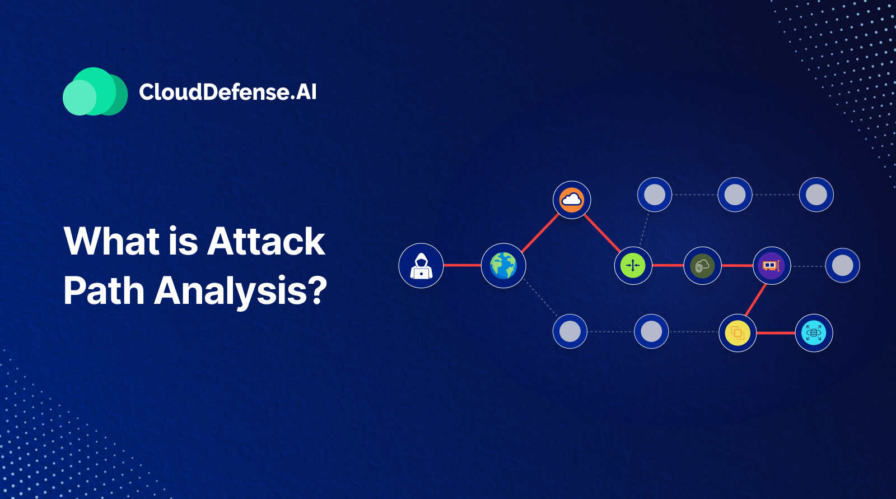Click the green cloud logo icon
click(95, 91)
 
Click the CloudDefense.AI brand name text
click(227, 92)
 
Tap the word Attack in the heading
click(265, 241)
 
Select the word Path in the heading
click(104, 290)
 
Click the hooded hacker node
click(421, 266)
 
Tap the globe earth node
click(503, 266)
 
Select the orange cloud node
click(572, 200)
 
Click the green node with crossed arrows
click(633, 266)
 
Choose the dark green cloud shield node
click(702, 266)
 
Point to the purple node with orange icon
click(772, 266)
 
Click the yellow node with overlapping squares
click(738, 333)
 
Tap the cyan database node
click(814, 333)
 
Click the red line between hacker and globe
click(463, 265)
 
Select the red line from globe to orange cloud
click(540, 233)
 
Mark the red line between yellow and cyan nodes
click(776, 333)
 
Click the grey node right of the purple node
click(842, 266)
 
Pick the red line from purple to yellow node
click(755, 300)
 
